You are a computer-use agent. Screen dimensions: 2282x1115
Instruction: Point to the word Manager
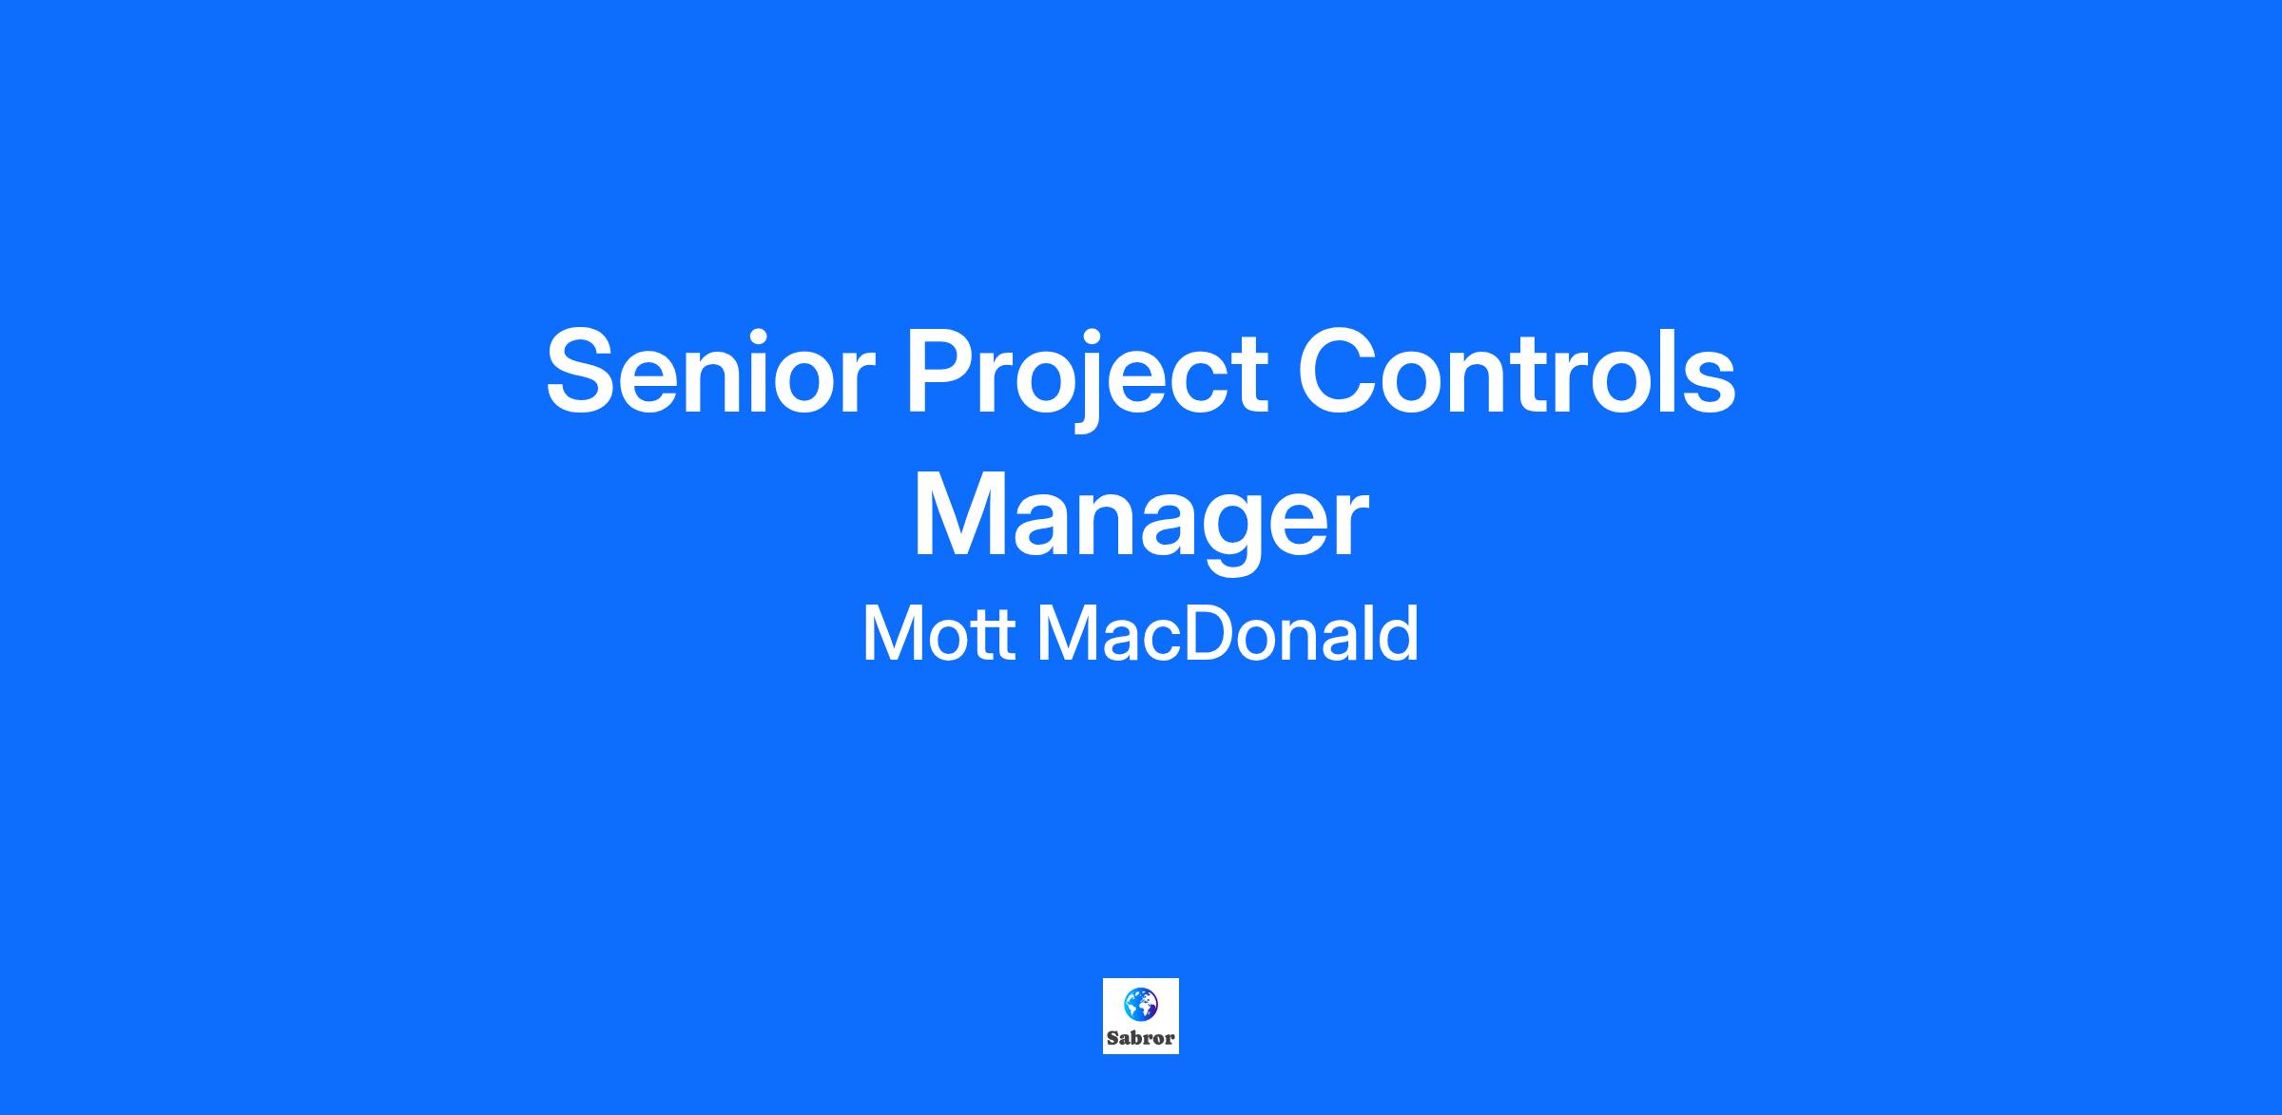1140,519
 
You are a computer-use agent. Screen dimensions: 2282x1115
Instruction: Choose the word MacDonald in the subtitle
1228,633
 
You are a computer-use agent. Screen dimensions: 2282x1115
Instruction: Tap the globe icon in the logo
1140,1004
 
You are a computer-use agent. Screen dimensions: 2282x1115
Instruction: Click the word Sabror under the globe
1140,1038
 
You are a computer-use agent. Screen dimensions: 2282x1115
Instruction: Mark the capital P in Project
944,371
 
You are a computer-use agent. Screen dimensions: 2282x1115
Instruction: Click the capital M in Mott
889,634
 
